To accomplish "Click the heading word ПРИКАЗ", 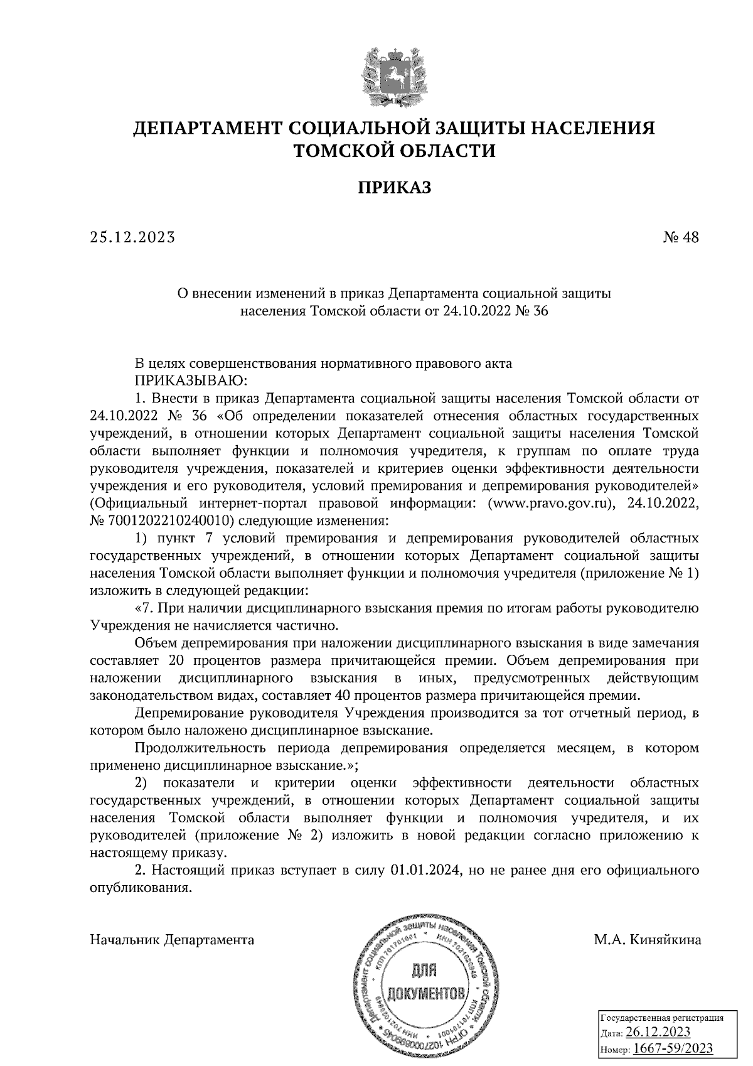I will [x=395, y=187].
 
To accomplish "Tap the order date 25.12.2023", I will [x=131, y=237].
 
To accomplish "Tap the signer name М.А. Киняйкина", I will [x=646, y=940].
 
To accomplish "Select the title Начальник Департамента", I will [x=173, y=940].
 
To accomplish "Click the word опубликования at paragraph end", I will [x=139, y=888].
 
